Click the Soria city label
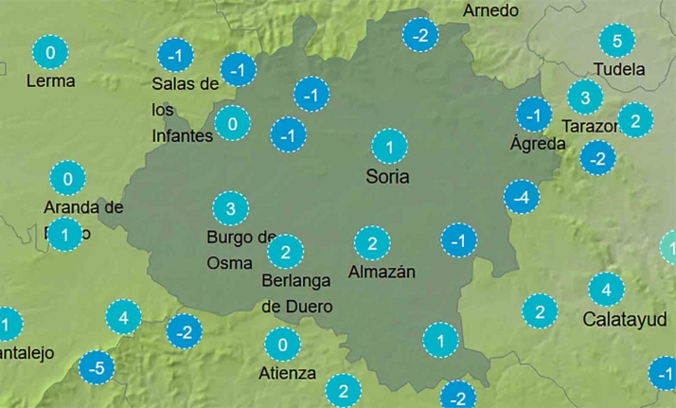[390, 176]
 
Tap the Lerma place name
[50, 81]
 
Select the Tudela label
[618, 69]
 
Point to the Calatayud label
[625, 318]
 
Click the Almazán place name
[382, 273]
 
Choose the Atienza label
[287, 373]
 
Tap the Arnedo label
[490, 10]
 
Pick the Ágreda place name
[538, 144]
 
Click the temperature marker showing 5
[617, 41]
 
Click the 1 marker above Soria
[389, 147]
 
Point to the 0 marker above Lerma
[50, 52]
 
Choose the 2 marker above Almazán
[372, 244]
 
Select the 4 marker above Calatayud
[606, 288]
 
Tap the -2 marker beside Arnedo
[420, 36]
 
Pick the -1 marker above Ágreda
[534, 115]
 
